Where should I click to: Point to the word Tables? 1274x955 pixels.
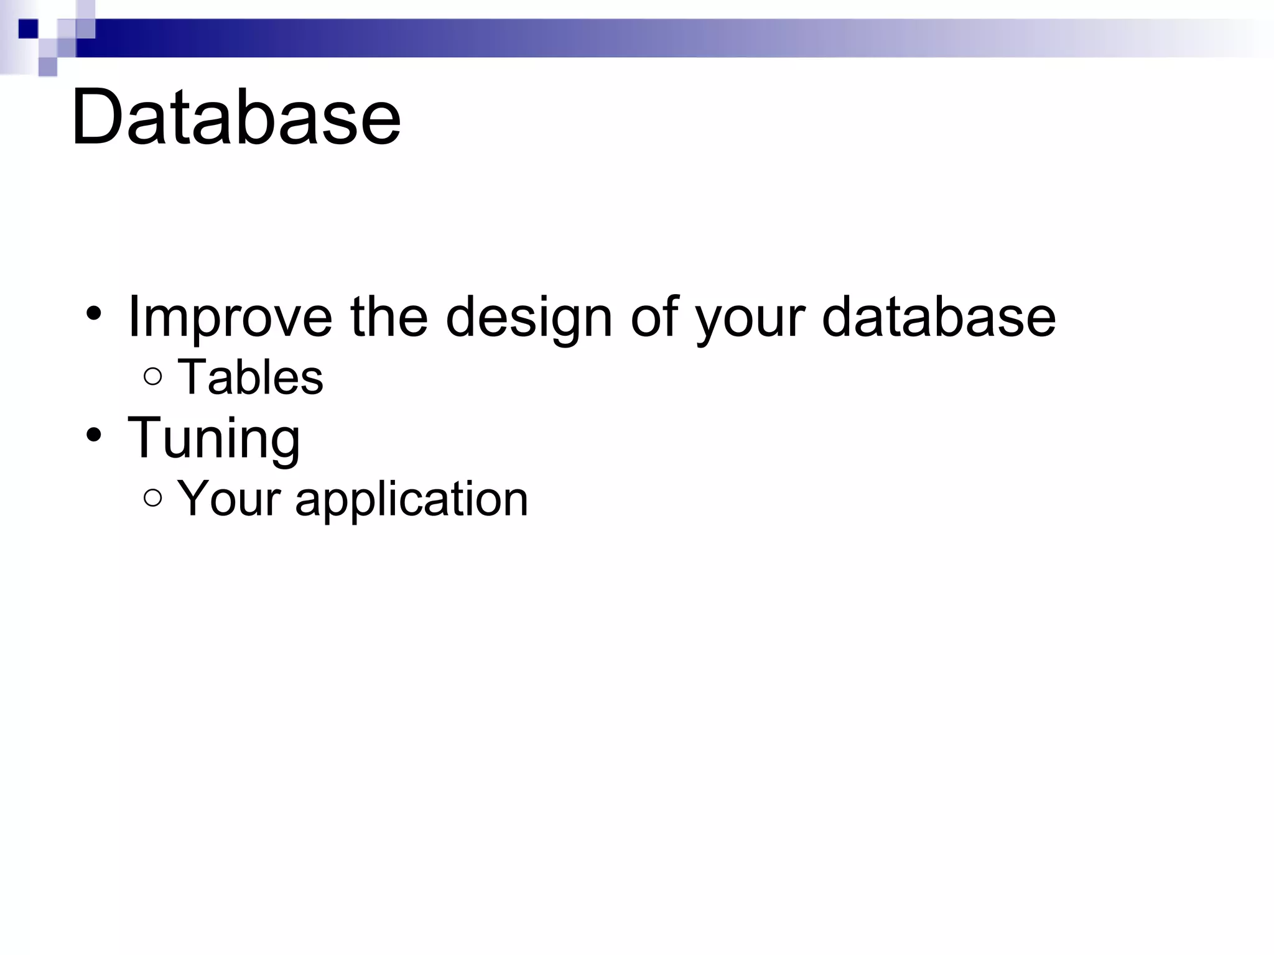[x=250, y=377]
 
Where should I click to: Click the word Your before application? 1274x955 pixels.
[x=228, y=499]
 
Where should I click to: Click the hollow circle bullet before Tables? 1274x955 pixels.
[x=152, y=377]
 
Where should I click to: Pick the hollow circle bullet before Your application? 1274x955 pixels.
[x=152, y=498]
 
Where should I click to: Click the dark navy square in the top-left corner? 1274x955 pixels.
[x=29, y=29]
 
